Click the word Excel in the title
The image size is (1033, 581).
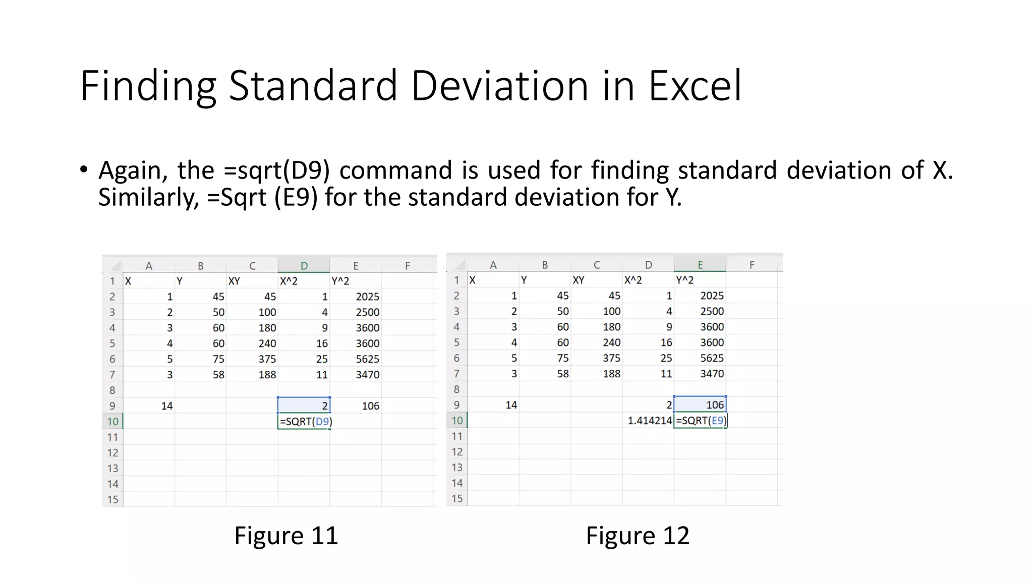(x=695, y=86)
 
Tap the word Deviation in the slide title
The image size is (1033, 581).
(x=499, y=86)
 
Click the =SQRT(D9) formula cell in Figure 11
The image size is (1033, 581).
(x=304, y=422)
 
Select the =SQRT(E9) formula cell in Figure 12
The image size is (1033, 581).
(x=700, y=421)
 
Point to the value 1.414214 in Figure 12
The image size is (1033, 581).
(x=649, y=421)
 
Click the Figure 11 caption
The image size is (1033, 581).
(x=286, y=536)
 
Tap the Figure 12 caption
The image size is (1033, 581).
(x=638, y=536)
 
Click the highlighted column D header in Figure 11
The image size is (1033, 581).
(x=304, y=266)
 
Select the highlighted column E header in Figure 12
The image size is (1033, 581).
(x=700, y=265)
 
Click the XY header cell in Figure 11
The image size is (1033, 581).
(x=234, y=281)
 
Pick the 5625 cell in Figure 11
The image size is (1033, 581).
(x=367, y=359)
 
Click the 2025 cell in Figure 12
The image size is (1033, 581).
(x=712, y=296)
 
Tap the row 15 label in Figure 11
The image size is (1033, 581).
(x=112, y=500)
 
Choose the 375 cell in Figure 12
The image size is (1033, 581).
(x=611, y=358)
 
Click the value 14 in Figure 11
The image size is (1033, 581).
(x=166, y=406)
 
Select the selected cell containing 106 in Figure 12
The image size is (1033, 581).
(x=700, y=405)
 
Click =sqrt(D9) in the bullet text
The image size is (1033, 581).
(x=276, y=170)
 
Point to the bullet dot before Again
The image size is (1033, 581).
(x=84, y=169)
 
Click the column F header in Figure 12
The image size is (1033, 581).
(x=752, y=265)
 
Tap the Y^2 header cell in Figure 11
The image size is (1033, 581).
(x=340, y=281)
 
